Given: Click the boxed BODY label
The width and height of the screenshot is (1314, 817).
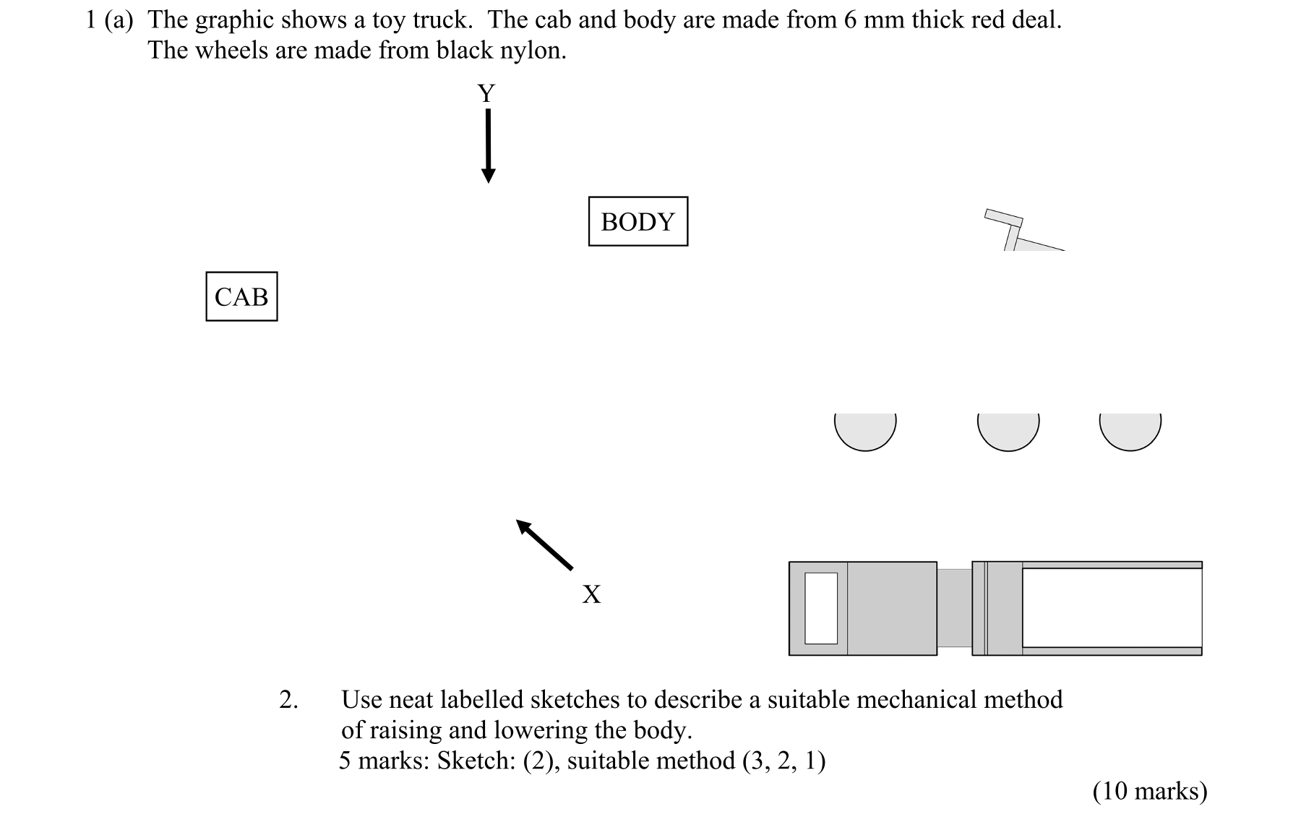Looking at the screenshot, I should coord(637,221).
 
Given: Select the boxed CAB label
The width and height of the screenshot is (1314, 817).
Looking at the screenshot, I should coord(241,296).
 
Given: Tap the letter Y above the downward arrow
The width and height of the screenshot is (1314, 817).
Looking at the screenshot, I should coord(486,93).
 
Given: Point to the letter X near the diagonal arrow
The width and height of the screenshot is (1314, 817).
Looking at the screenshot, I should coord(591,594).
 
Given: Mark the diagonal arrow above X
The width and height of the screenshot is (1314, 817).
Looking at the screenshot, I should coord(544,544).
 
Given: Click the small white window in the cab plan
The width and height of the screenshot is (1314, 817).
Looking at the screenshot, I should coord(821,608).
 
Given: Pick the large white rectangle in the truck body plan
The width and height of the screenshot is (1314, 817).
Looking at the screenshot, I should coord(1112,608).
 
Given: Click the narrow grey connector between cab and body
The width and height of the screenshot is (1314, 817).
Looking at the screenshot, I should coord(954,608).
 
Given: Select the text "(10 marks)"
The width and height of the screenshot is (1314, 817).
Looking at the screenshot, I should coord(1150,791).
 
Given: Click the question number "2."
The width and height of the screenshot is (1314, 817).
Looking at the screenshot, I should coord(288,700).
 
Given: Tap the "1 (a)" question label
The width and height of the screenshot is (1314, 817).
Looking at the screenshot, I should coord(109,20).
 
